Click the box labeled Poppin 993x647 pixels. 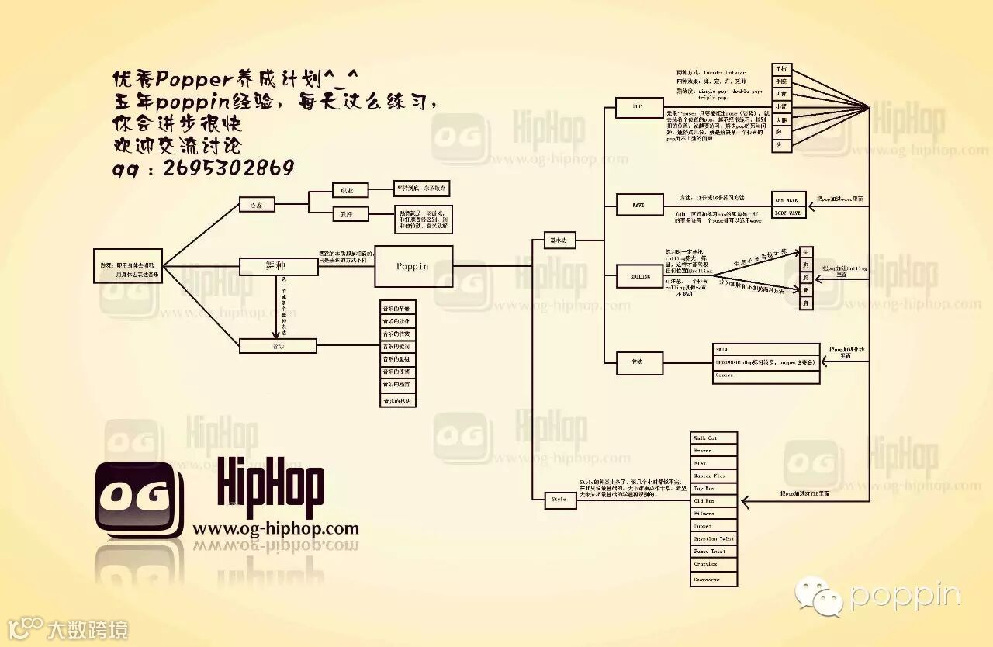coord(413,266)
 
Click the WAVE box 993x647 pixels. coord(639,204)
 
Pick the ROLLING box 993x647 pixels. coord(639,275)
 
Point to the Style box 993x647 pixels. coord(559,500)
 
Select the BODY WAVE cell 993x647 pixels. coord(791,212)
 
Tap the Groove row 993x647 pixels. coord(766,375)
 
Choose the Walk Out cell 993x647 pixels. coord(714,438)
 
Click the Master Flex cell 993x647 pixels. coord(714,476)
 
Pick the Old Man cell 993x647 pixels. coord(714,501)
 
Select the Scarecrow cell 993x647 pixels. coord(714,580)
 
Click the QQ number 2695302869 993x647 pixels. coord(229,168)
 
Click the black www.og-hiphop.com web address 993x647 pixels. coord(275,529)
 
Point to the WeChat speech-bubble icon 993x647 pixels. coord(820,597)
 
